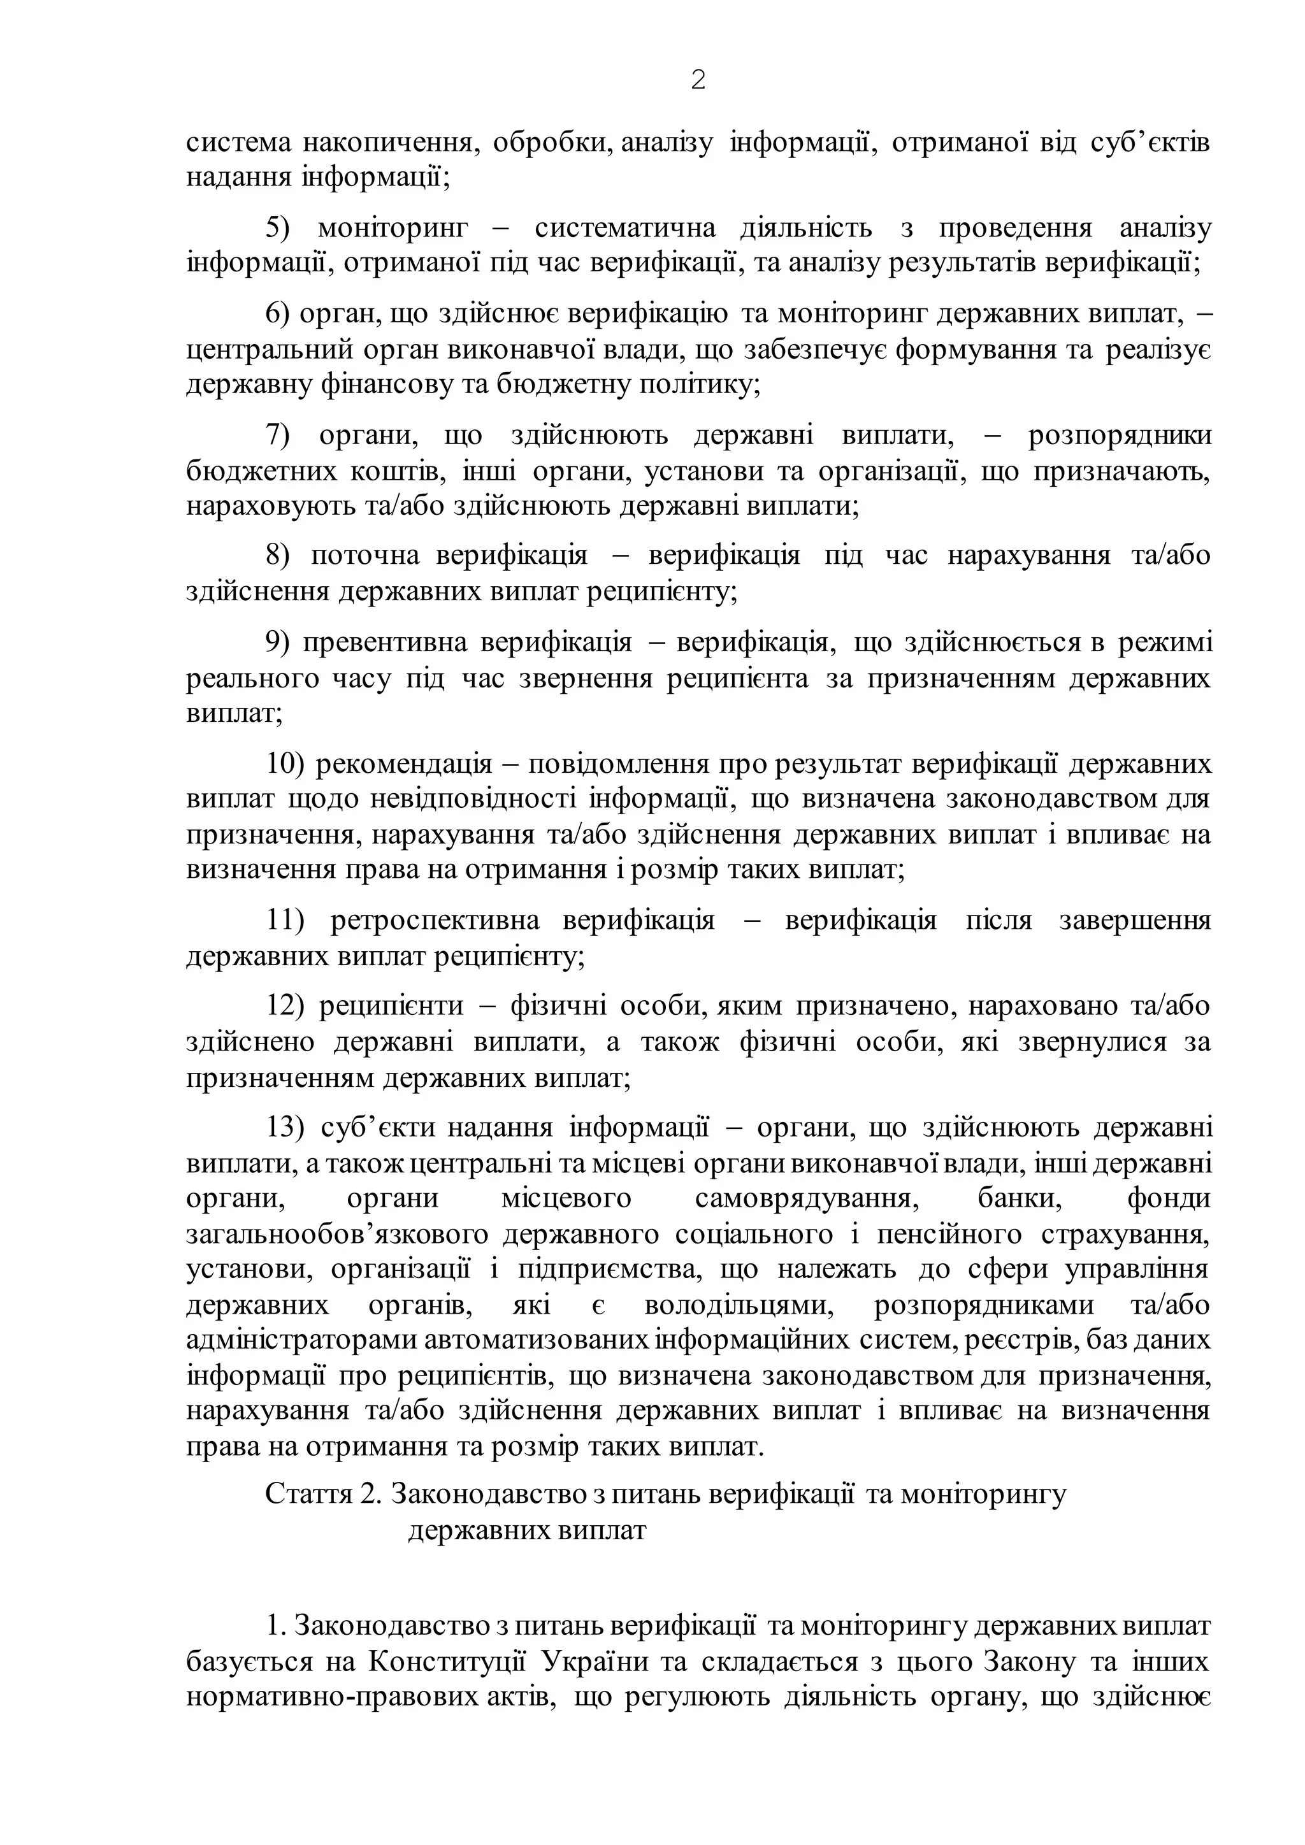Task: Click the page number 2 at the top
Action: click(698, 80)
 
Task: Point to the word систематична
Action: click(624, 228)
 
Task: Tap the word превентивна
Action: click(387, 642)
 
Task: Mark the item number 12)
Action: click(286, 1005)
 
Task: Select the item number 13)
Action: click(286, 1128)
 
